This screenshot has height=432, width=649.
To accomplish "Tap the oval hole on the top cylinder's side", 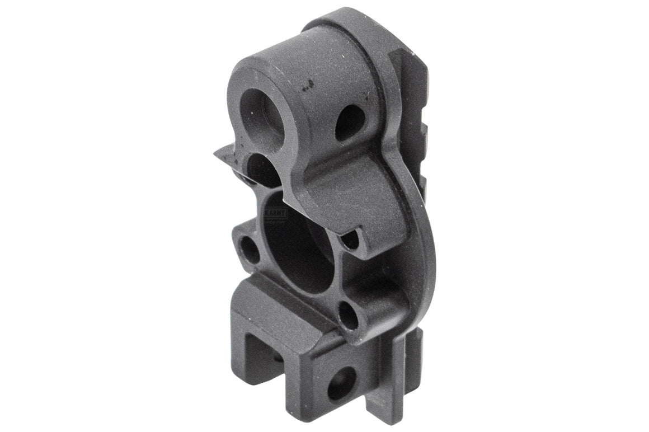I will [350, 121].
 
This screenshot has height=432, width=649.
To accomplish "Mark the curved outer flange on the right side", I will [422, 246].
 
